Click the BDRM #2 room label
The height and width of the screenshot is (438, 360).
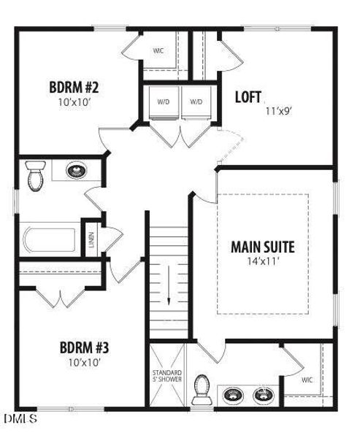pos(74,88)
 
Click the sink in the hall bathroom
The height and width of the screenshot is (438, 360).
pos(75,172)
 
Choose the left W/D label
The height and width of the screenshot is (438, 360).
pos(163,102)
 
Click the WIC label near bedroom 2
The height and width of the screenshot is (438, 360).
pos(157,51)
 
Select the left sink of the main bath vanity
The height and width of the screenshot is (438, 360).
pos(232,395)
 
